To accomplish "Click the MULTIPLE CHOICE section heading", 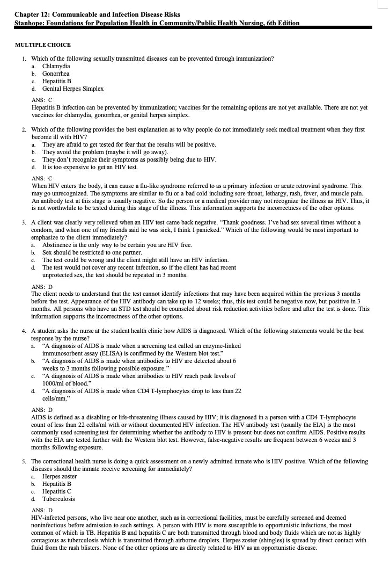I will tap(43, 45).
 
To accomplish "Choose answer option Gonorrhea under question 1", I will tap(56, 74).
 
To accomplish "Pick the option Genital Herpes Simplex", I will tap(73, 89).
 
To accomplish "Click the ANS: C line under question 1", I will tap(42, 100).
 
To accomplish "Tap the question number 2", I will tap(24, 130).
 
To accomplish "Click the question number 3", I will tap(24, 222).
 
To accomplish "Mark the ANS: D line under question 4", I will tap(42, 410).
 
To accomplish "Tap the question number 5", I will tap(24, 461).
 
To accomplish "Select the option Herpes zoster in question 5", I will tap(60, 476).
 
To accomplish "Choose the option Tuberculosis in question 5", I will tap(58, 499).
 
